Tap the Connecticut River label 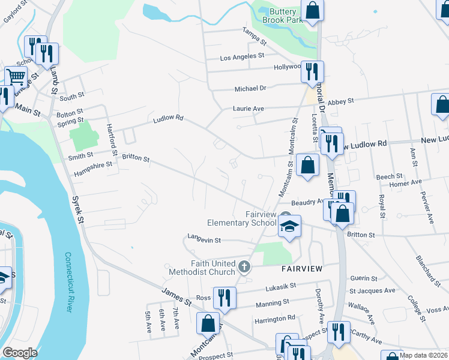point(68,282)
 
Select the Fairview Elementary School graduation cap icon point(289,226)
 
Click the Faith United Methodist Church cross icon point(244,266)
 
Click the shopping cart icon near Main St point(16,77)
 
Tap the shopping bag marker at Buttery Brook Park point(312,10)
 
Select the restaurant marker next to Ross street point(224,297)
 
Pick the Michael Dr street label point(250,88)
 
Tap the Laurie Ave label point(249,109)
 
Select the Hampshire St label point(93,164)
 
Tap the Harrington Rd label point(274,317)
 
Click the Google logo point(20,352)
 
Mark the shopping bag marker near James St point(208,323)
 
